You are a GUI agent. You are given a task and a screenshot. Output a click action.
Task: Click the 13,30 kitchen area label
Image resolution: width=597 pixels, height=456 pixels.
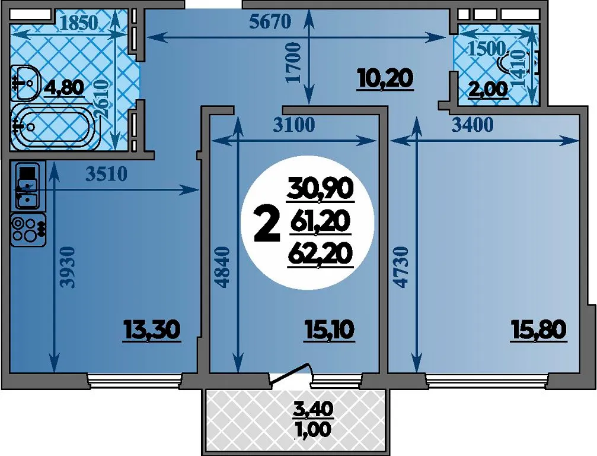tap(152, 330)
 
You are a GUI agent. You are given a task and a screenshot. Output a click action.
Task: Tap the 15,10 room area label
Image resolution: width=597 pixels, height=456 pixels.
tap(330, 330)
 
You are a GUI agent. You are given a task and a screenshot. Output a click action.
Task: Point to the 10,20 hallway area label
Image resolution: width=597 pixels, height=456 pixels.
tap(385, 78)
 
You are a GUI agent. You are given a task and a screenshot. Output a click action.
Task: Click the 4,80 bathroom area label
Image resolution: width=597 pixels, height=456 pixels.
tap(64, 88)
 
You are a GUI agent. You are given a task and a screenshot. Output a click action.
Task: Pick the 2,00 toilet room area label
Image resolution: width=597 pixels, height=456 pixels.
tap(488, 90)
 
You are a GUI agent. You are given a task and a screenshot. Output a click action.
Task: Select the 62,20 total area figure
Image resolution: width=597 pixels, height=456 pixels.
tap(319, 254)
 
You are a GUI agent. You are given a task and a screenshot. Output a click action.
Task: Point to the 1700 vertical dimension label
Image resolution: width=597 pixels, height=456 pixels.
tap(294, 62)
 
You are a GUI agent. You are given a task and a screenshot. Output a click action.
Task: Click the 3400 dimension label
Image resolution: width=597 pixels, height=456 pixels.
tap(472, 125)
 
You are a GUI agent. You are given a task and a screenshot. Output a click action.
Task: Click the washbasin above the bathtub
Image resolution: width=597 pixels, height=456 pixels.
tap(25, 82)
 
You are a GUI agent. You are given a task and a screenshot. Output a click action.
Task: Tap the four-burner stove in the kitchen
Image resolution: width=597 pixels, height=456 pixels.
tap(28, 230)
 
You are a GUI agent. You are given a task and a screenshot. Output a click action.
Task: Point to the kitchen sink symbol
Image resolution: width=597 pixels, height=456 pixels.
tap(25, 186)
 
